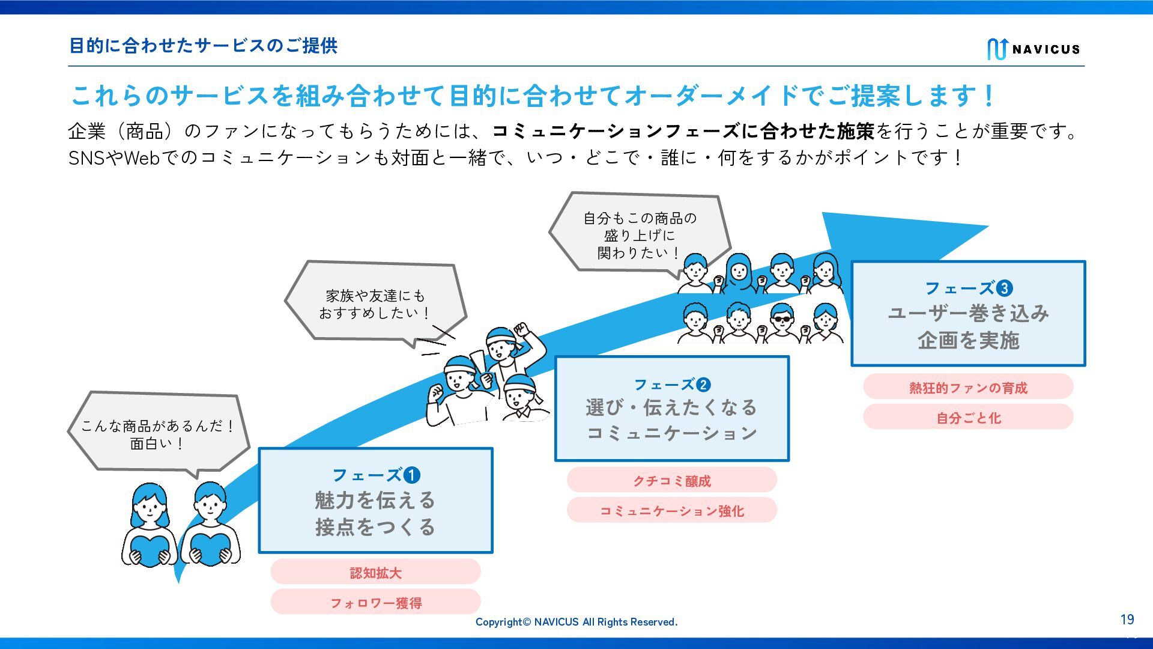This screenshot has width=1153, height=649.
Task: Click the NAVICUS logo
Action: [1033, 49]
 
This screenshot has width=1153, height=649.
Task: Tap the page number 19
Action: [1127, 620]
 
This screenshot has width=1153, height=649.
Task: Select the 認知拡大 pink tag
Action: [375, 572]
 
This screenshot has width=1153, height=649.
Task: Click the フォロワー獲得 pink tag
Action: [375, 602]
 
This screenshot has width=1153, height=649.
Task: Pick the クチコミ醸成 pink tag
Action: [671, 480]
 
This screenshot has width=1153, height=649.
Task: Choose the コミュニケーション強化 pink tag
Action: [671, 510]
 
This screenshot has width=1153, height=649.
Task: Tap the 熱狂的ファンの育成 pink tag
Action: [967, 387]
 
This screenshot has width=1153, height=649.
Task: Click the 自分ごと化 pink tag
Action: [967, 417]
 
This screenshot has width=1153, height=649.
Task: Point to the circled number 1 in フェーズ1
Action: [411, 475]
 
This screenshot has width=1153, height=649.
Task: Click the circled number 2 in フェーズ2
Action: [703, 385]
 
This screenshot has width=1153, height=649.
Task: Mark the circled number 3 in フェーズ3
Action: [1004, 288]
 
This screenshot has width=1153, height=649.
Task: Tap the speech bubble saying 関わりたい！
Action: [639, 234]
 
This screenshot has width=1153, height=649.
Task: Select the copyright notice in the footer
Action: [576, 622]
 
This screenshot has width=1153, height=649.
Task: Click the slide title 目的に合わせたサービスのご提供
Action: [203, 46]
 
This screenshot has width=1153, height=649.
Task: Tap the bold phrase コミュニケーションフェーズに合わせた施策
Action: [683, 131]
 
